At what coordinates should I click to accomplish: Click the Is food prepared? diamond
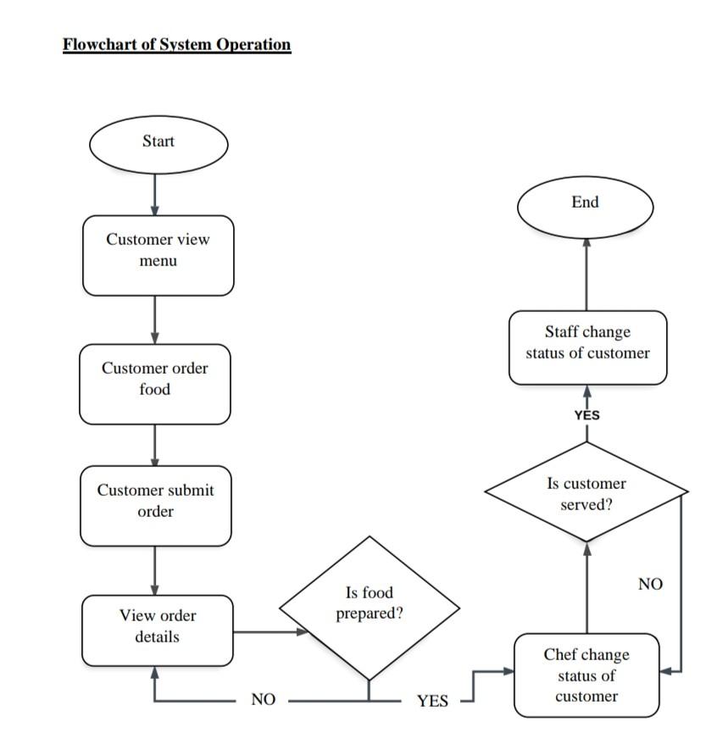tap(370, 608)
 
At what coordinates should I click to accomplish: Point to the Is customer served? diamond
tap(586, 491)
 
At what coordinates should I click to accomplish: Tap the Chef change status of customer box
tap(586, 675)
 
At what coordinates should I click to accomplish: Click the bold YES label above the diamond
tap(586, 415)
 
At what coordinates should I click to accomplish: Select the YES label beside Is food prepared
tap(432, 701)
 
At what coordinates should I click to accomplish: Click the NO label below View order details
tap(264, 700)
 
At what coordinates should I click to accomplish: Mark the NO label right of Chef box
tap(650, 584)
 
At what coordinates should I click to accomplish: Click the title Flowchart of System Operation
tap(176, 45)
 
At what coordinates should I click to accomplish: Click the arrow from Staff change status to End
tap(586, 275)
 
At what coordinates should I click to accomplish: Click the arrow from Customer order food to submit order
tap(155, 445)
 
